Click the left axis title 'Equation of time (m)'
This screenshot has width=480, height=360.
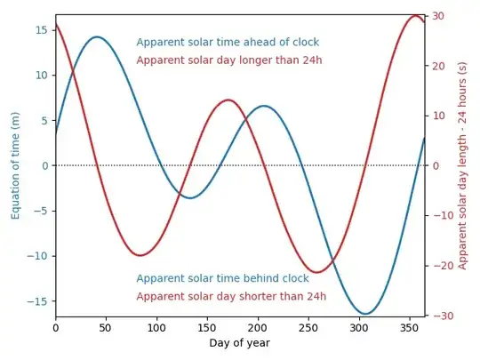[15, 165]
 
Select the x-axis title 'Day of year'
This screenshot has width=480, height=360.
[240, 342]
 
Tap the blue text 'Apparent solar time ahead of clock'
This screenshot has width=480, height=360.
[228, 43]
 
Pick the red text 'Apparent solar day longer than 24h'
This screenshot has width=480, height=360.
[228, 60]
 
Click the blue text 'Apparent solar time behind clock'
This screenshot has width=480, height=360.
[222, 278]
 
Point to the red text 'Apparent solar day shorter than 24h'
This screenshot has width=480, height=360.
[231, 296]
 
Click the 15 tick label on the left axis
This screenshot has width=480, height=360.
[41, 29]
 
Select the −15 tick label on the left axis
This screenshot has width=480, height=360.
[37, 302]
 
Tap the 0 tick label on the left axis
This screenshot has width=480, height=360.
[44, 165]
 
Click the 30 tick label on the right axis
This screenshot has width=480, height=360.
[437, 16]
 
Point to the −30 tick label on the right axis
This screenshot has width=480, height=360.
[440, 316]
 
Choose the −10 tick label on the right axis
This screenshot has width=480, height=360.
[440, 215]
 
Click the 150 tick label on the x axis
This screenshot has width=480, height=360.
[207, 327]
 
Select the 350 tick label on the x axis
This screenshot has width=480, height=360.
[409, 327]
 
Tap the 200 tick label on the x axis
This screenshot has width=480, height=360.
[258, 327]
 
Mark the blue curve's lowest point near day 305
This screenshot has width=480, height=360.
[365, 314]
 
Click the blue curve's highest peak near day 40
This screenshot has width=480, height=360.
[96, 37]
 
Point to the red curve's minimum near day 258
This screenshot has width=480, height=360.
[316, 272]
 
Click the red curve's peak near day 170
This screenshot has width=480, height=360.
[228, 100]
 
